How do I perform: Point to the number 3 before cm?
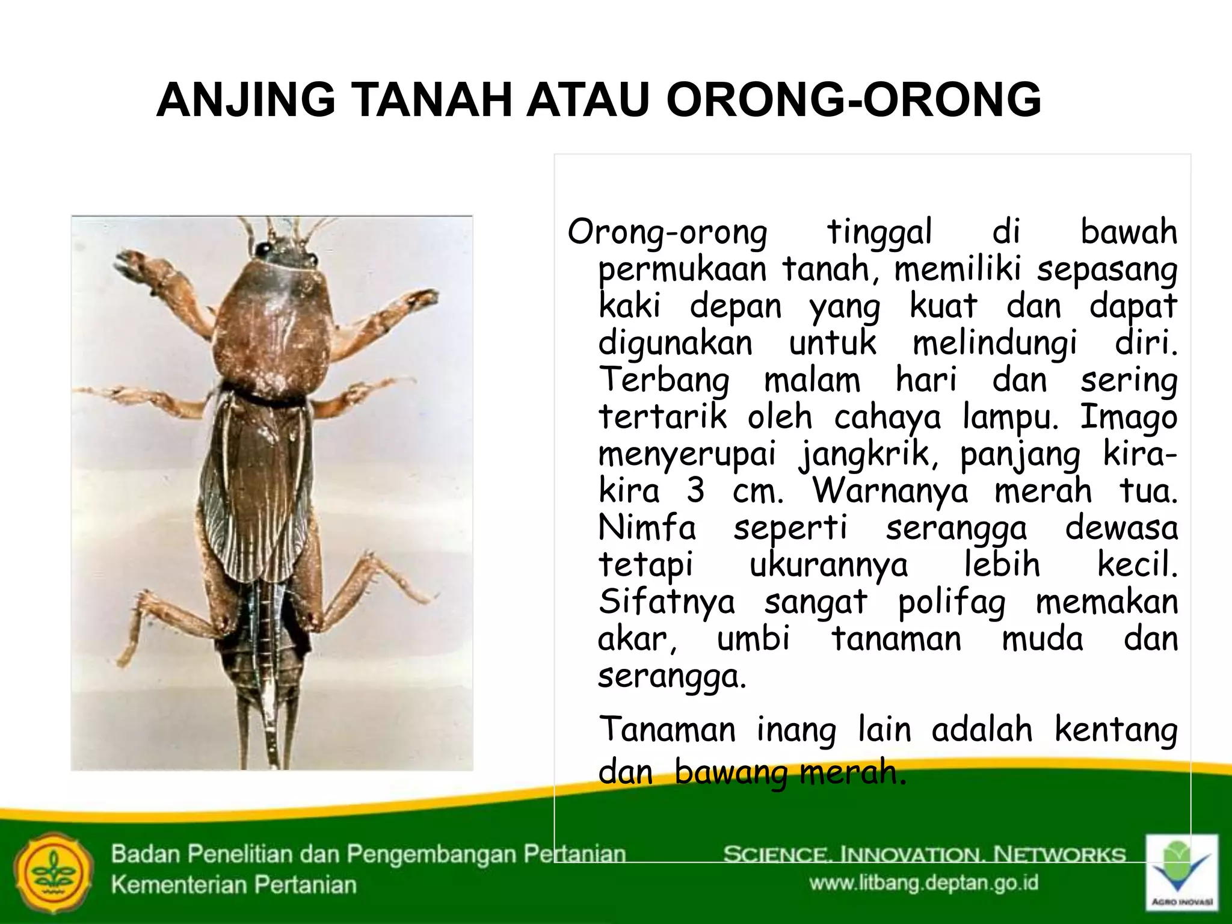click(x=695, y=491)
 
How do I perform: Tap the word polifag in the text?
click(x=951, y=603)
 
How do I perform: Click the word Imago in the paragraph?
click(x=1129, y=417)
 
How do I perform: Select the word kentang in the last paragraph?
click(x=1116, y=730)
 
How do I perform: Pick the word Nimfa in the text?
click(x=647, y=528)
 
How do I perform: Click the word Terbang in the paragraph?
click(x=664, y=381)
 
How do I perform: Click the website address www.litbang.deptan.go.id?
click(x=923, y=883)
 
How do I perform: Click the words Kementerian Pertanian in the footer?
click(x=233, y=885)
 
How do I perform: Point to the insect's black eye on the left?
click(x=262, y=248)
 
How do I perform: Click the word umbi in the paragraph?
click(x=753, y=639)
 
